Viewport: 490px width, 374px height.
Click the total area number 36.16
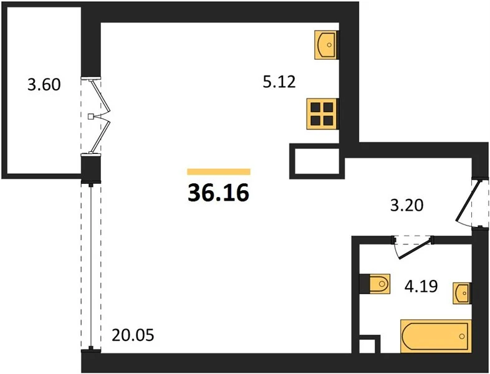218,193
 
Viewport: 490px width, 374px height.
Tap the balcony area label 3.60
44,85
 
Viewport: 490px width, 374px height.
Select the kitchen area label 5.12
279,82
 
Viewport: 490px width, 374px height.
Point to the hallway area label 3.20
407,206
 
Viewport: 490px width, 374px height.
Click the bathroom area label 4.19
421,286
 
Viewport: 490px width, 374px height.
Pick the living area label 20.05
133,335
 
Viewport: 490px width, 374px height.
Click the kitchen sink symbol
326,45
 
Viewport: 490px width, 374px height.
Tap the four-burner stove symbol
322,113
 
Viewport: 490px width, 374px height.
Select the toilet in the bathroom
379,284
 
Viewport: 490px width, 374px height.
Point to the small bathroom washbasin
461,294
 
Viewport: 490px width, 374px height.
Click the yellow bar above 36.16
219,172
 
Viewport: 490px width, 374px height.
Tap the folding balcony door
100,116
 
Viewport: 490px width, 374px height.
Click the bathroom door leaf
415,249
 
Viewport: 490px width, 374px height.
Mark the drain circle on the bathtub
462,336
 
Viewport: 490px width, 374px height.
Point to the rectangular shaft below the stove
317,161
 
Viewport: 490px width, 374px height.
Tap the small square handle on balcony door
90,117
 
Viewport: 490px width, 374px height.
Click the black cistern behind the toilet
364,284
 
